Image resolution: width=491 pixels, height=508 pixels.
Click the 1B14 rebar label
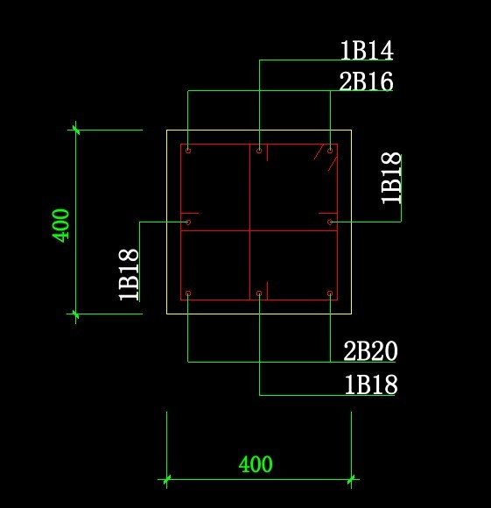(x=367, y=50)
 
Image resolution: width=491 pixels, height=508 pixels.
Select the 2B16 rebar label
(x=366, y=81)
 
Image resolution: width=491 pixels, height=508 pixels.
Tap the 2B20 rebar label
(x=370, y=351)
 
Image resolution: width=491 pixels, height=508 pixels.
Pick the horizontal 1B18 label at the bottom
(x=371, y=385)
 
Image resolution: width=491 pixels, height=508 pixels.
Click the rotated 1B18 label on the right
(x=391, y=178)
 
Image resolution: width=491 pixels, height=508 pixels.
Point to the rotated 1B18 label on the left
(x=130, y=275)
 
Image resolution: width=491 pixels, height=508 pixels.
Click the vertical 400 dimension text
(x=61, y=225)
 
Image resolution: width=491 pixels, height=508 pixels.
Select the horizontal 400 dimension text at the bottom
(x=256, y=464)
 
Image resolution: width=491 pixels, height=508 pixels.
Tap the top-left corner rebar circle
(x=188, y=151)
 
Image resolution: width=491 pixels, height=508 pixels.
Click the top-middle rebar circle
(x=259, y=151)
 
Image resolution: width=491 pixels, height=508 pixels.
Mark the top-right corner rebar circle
(x=330, y=151)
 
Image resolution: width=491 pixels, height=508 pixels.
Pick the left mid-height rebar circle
(x=188, y=222)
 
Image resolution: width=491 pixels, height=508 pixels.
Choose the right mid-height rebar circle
(x=330, y=222)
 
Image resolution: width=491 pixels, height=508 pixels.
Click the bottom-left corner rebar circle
(x=188, y=293)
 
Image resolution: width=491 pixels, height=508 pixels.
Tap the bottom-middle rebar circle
(x=259, y=293)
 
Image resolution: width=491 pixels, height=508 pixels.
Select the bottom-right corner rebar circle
(x=330, y=293)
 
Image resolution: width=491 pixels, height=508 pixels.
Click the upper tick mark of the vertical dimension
(x=76, y=130)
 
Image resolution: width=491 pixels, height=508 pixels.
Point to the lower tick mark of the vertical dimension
(x=76, y=314)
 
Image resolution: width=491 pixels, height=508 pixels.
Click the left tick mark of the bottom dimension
(x=166, y=479)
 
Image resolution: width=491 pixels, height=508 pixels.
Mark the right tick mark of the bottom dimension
(x=351, y=479)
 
